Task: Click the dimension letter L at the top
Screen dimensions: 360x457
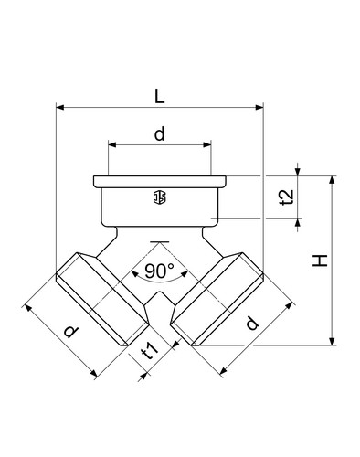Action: [159, 96]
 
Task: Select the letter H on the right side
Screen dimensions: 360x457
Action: [320, 260]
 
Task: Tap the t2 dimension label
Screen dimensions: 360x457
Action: [287, 197]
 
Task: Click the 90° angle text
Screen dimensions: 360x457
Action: [159, 271]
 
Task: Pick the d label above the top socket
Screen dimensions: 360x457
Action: [159, 133]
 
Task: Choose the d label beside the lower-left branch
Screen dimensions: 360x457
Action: [71, 332]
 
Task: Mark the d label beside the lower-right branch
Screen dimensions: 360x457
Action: [251, 323]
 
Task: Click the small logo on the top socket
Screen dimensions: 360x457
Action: [160, 197]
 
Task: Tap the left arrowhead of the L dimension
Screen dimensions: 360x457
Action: [59, 107]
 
